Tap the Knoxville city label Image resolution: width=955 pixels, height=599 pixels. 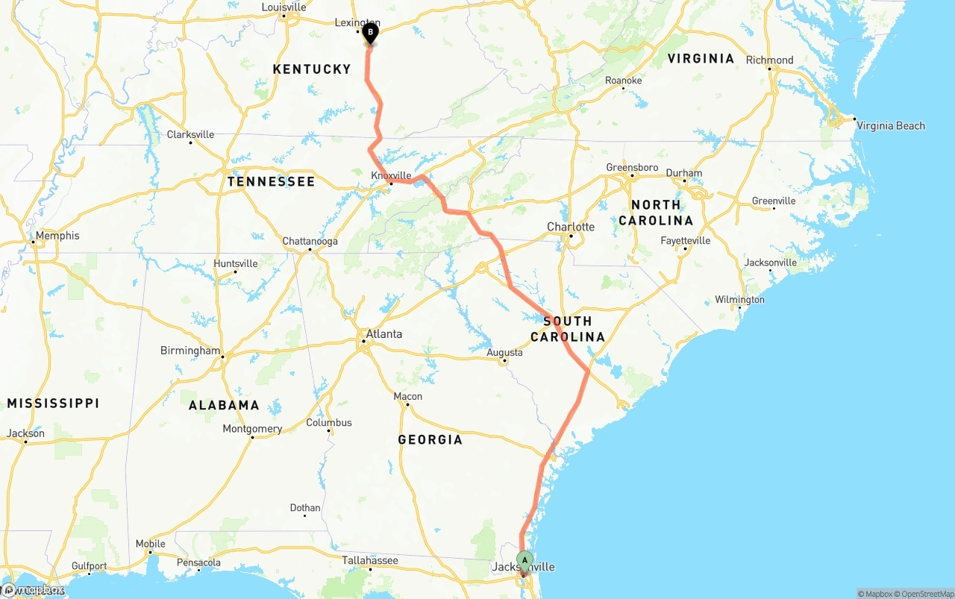391,175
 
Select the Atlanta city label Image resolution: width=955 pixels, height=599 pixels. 384,334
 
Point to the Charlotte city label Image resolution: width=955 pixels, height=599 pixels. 571,227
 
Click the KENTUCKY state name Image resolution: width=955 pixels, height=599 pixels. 312,69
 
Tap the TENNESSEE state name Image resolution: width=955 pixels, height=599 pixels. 272,182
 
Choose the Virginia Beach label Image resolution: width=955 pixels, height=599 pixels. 890,126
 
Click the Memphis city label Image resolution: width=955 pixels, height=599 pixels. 57,236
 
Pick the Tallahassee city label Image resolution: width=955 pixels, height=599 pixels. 370,560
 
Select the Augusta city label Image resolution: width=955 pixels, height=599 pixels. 504,353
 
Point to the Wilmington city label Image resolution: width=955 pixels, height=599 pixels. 739,300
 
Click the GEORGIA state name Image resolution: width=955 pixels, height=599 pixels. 430,440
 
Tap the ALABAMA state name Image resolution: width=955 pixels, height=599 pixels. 224,406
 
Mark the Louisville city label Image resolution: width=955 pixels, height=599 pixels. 284,7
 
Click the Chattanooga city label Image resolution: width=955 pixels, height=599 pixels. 310,242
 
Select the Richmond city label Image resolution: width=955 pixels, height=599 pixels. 769,60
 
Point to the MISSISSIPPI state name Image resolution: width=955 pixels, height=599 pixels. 53,404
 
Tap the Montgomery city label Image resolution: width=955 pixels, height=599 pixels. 252,429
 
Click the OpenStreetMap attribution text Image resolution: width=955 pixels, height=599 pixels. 925,594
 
